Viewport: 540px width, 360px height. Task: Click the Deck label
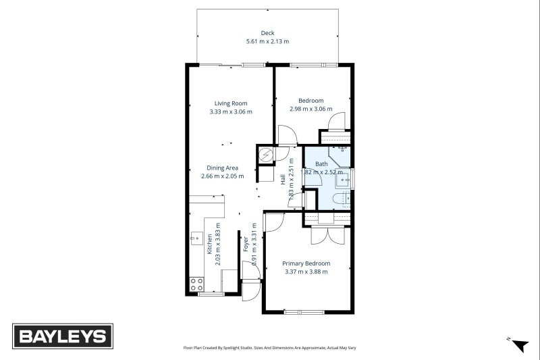268,33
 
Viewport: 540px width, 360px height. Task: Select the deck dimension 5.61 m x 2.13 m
268,41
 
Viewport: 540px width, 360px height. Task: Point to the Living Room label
231,103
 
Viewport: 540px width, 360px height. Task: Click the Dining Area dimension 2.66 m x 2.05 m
223,176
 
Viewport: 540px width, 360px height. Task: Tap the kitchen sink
196,238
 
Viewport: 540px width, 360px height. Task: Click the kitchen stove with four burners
196,284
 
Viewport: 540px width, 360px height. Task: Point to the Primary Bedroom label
306,263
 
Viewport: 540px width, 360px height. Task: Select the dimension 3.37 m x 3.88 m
306,272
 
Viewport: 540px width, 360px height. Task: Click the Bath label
321,164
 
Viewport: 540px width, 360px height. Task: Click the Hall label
283,179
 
